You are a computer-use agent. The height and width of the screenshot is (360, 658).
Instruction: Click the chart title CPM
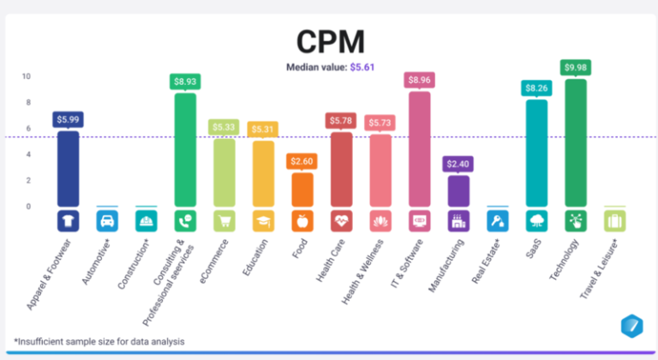pos(329,40)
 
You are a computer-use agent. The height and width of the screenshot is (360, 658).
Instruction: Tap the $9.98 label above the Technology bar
pos(576,67)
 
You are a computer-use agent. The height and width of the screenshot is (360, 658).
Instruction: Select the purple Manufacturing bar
pos(458,190)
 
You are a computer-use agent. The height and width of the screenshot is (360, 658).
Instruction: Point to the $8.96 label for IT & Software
pos(419,80)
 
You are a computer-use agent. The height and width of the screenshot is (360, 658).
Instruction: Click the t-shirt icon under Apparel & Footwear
pos(68,220)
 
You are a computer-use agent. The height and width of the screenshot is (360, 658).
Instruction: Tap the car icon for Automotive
pos(107,220)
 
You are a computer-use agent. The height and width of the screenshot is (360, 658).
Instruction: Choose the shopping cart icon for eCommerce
pos(224,220)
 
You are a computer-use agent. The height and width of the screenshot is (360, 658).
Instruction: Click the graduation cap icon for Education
pos(263,220)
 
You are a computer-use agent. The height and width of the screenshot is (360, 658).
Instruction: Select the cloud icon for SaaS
pos(536,220)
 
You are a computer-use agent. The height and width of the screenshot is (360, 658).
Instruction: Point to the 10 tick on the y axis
pos(27,76)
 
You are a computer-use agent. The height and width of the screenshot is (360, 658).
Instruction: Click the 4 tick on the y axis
pos(27,154)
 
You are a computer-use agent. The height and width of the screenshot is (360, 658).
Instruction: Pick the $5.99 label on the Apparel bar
pos(68,119)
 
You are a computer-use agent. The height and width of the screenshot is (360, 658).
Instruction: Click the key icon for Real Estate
pos(498,220)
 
